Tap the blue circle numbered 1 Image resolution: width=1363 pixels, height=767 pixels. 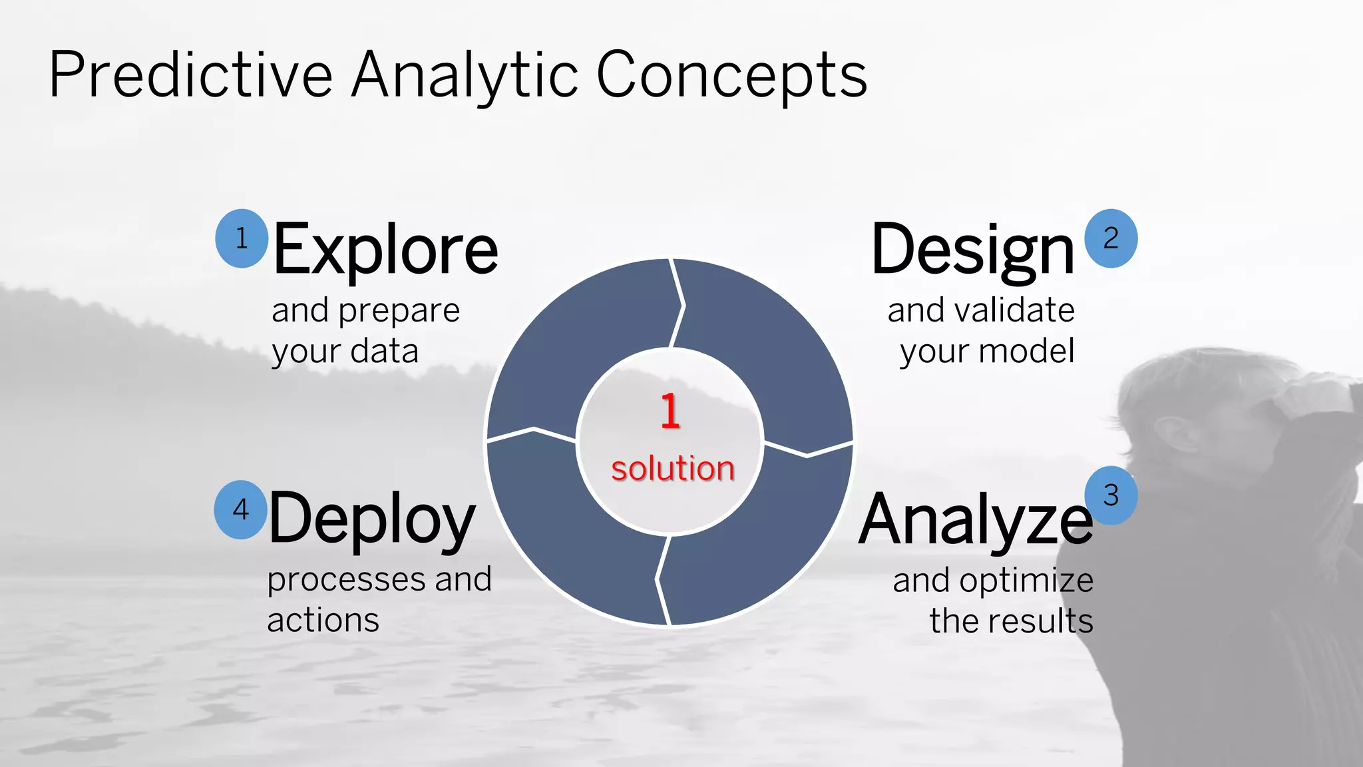[x=242, y=238]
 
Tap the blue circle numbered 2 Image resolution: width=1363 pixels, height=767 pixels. [x=1111, y=238]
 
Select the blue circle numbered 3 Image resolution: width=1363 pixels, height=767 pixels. [x=1111, y=495]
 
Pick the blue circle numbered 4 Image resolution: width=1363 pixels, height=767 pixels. [x=241, y=509]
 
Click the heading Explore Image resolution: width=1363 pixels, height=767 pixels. [x=385, y=250]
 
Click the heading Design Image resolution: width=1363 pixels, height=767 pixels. [x=972, y=250]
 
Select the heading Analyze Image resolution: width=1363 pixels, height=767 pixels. [x=975, y=520]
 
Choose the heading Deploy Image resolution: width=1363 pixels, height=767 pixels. [x=372, y=520]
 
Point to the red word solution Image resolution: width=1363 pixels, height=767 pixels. [x=673, y=468]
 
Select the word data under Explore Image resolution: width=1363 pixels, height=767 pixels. [x=384, y=351]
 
